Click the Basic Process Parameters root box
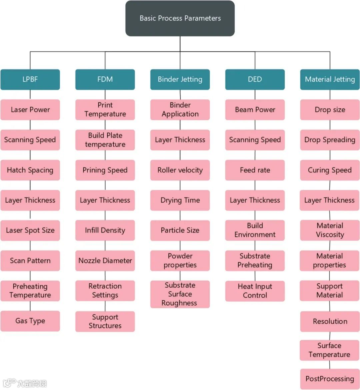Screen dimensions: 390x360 180,18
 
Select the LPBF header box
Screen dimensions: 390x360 30,79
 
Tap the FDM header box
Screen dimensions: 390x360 105,79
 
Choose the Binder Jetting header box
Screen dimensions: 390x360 180,79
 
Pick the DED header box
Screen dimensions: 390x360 255,79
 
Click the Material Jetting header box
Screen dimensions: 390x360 330,79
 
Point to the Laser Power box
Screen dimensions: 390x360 30,110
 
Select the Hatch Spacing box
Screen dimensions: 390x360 30,170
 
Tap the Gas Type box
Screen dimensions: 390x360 30,321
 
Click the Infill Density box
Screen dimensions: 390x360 105,230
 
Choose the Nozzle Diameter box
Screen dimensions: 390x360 105,261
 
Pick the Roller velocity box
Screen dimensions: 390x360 180,170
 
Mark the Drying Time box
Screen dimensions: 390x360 180,200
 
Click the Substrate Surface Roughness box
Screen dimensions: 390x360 180,294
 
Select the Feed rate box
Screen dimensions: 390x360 255,170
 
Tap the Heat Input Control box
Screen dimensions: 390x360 255,291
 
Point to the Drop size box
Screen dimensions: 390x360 330,110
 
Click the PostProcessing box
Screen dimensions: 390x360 330,379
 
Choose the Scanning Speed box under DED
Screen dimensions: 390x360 255,140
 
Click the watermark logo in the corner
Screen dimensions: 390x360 25,383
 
